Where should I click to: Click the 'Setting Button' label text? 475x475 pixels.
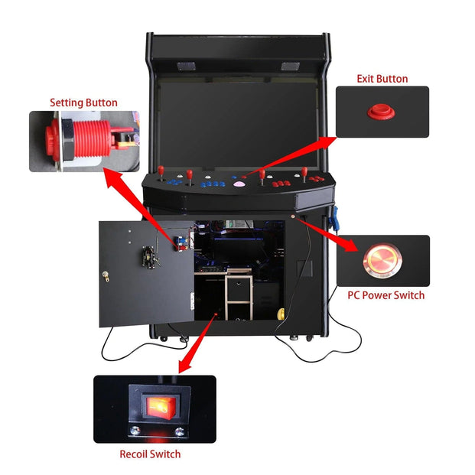[x=83, y=102]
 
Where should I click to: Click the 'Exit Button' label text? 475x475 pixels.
[x=382, y=79]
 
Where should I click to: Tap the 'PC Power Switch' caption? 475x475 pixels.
[x=386, y=294]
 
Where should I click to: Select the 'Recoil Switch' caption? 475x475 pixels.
[x=150, y=454]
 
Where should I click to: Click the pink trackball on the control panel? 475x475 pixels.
[x=239, y=184]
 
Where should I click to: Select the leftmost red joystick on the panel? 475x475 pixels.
[x=164, y=174]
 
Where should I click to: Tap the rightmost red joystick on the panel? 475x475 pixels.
[x=304, y=174]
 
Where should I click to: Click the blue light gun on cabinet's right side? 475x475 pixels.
[x=333, y=218]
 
